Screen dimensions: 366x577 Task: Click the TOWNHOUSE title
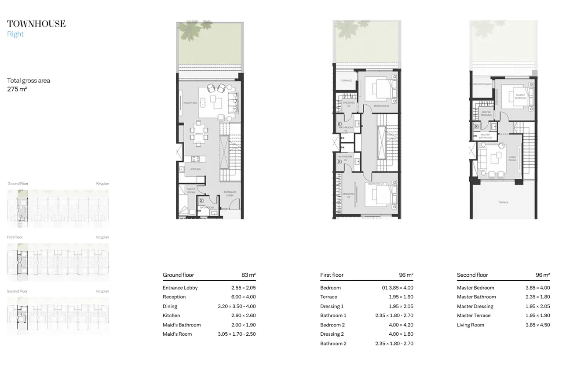(x=36, y=24)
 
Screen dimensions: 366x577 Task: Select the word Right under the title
(x=15, y=34)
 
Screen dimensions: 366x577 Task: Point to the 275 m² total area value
(x=17, y=89)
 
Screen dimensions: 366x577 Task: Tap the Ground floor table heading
(x=178, y=275)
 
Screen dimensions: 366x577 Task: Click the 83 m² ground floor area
(x=248, y=275)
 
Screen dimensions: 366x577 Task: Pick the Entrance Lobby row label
(x=180, y=288)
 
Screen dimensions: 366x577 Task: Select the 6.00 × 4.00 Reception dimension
(x=243, y=297)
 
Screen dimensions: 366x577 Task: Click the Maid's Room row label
(x=177, y=334)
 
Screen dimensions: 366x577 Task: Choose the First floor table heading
(x=332, y=275)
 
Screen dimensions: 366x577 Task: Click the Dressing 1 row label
(x=332, y=306)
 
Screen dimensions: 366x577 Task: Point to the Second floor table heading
(x=472, y=275)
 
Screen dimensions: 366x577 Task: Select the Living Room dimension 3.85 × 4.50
(x=537, y=325)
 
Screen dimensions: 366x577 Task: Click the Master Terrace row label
(x=473, y=315)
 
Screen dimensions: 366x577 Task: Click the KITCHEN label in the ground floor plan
(x=195, y=169)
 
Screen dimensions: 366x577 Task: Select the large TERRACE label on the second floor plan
(x=503, y=203)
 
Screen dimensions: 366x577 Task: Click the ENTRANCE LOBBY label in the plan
(x=230, y=193)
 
